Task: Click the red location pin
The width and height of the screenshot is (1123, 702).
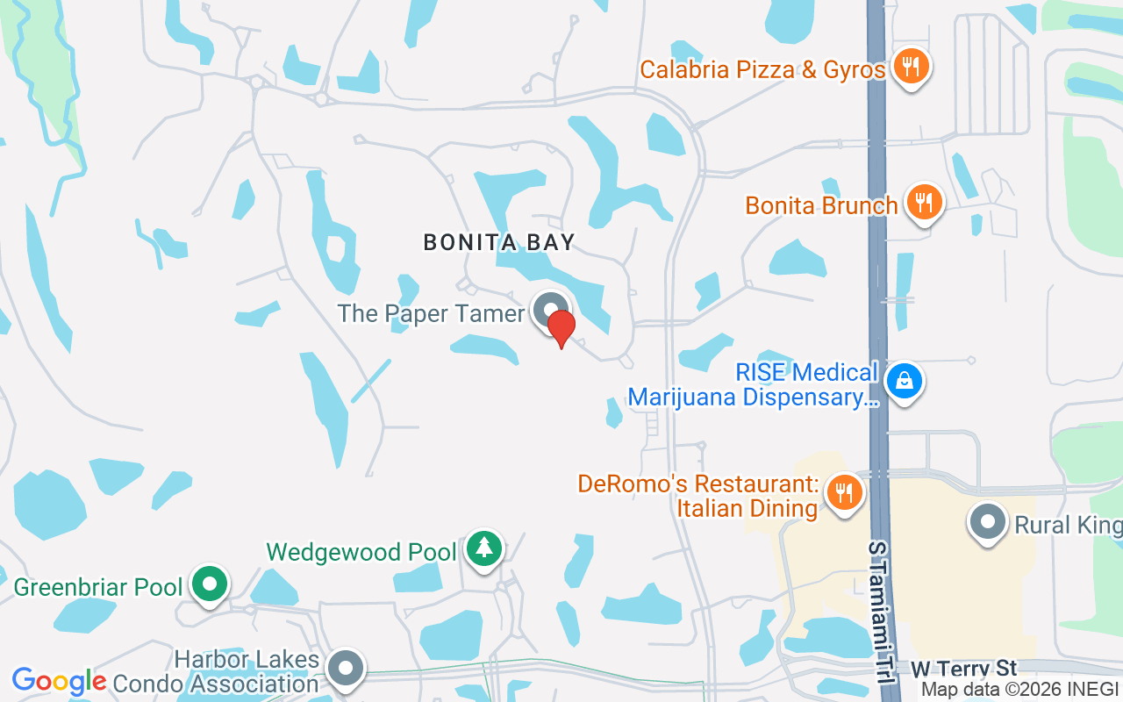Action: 561,327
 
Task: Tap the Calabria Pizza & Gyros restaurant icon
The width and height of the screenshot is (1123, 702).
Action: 912,66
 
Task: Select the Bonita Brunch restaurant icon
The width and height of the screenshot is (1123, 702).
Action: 924,202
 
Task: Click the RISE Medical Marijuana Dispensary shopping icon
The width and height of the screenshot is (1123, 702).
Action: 903,382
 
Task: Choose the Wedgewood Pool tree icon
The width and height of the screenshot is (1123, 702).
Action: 483,548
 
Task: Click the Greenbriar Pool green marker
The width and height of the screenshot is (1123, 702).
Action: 209,584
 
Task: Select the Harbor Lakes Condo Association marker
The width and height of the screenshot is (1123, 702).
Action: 346,668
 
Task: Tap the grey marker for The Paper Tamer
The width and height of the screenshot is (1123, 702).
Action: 550,311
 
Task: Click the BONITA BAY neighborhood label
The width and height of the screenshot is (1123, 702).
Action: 499,242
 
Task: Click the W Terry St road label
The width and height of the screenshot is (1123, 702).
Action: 963,670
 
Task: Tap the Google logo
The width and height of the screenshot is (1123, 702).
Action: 60,681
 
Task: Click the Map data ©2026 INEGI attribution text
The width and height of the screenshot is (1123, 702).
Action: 1019,690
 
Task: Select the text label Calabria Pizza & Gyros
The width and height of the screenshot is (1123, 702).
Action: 762,69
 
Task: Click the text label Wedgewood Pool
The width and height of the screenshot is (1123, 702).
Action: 361,552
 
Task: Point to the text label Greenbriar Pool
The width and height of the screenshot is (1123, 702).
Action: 97,586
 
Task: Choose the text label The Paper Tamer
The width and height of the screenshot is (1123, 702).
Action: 431,313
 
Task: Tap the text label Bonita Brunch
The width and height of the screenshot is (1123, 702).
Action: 821,205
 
